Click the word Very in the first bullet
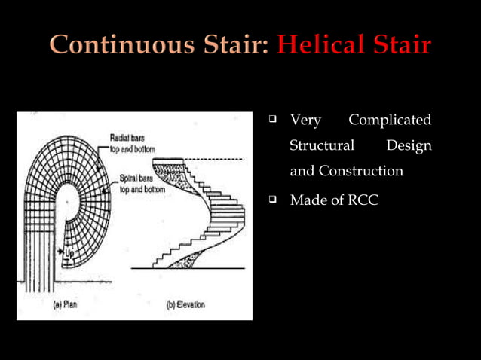tap(305, 121)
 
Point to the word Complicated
tap(390, 121)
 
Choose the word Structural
tap(322, 145)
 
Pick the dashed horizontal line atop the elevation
tap(219, 160)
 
